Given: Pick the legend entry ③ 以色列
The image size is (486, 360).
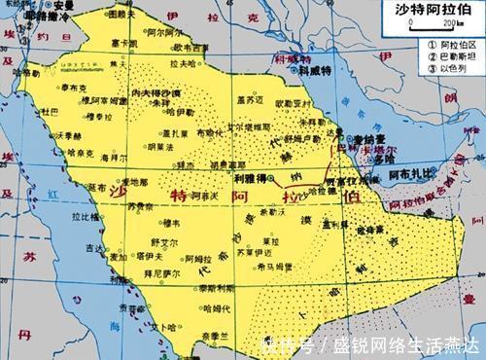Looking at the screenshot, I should point(438,68).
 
